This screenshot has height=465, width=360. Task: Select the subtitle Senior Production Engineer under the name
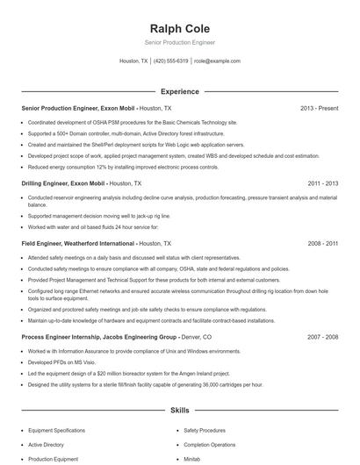point(179,42)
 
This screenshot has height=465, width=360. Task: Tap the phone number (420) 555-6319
point(171,61)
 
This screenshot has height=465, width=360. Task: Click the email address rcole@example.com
point(217,61)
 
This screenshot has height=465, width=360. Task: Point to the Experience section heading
point(179,90)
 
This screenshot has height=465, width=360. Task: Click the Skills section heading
point(179,410)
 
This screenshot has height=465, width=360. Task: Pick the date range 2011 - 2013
point(323,183)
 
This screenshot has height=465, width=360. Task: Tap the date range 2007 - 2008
point(323,336)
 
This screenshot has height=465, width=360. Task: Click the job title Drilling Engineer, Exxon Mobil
point(62,183)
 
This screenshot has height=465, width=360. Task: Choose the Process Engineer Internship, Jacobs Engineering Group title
point(97,336)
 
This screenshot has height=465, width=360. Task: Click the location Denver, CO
point(195,336)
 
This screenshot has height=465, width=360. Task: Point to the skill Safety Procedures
point(205,430)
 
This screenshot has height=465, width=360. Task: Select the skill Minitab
point(192,458)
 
